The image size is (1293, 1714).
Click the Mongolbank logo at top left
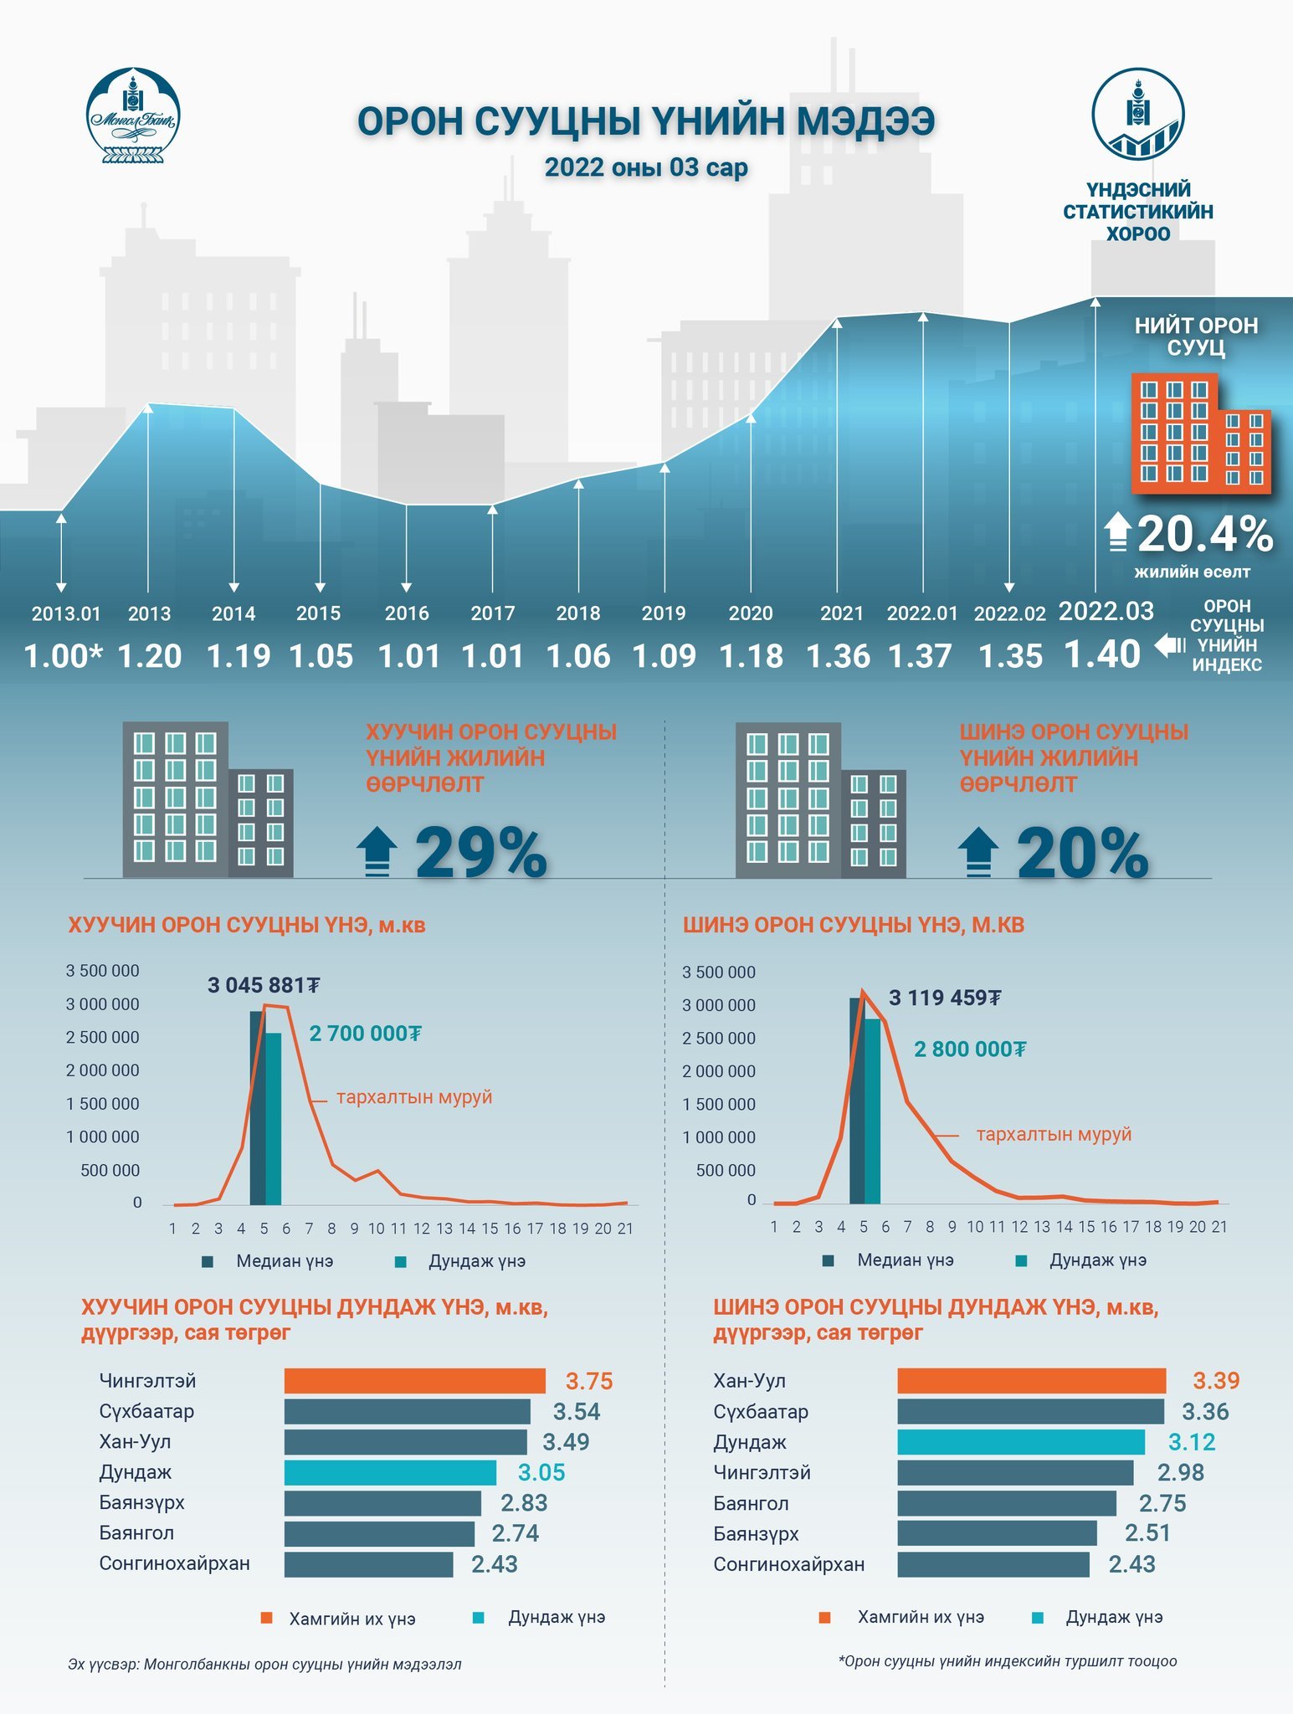133,115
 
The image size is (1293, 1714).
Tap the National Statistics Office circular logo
1137,114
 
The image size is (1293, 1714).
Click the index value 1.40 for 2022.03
1101,654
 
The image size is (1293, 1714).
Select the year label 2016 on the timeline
407,613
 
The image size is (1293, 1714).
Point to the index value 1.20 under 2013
150,656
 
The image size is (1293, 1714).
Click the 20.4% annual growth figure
1204,534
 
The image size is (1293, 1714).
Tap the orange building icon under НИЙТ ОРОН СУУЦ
1200,433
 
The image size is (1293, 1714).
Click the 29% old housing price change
481,854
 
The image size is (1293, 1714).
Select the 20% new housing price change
1082,854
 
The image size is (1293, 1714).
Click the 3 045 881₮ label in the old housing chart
264,985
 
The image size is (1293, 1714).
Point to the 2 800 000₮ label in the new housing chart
969,1049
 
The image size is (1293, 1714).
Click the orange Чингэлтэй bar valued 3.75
414,1381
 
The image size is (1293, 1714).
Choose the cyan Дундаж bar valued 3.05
390,1472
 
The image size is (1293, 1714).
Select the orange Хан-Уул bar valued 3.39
1031,1381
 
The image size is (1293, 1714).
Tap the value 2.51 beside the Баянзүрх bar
1147,1533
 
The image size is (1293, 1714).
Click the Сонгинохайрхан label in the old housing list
174,1563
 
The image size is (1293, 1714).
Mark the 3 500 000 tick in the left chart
103,971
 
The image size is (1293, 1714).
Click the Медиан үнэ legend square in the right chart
829,1260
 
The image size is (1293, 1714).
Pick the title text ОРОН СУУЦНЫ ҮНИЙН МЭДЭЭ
645,121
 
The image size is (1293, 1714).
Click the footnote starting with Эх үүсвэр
264,1664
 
